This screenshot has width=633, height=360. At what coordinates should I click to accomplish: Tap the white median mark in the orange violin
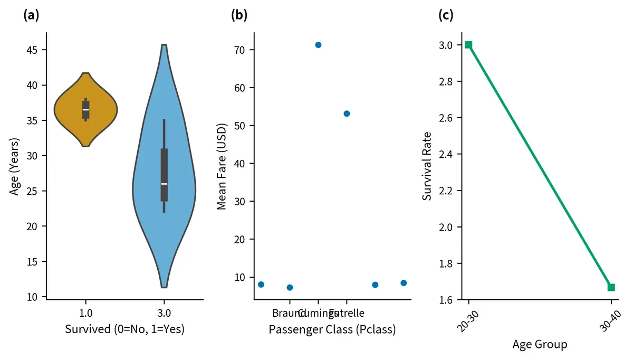pyautogui.click(x=85, y=109)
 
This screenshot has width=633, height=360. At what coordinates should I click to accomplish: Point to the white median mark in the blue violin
pyautogui.click(x=164, y=184)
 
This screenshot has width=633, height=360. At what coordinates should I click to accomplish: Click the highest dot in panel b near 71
pyautogui.click(x=318, y=45)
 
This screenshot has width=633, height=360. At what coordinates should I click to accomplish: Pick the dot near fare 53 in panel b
pyautogui.click(x=347, y=113)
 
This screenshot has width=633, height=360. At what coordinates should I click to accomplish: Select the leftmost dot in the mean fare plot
pyautogui.click(x=261, y=285)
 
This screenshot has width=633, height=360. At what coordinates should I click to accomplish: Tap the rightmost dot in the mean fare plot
pyautogui.click(x=404, y=283)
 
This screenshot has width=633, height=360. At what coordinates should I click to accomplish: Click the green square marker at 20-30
pyautogui.click(x=468, y=45)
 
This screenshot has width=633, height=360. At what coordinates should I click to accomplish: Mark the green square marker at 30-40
pyautogui.click(x=611, y=287)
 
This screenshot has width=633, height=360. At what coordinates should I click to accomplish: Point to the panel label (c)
pyautogui.click(x=446, y=15)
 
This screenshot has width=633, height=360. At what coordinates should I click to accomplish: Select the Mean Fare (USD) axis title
pyautogui.click(x=222, y=166)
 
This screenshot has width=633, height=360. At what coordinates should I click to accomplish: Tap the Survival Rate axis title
pyautogui.click(x=427, y=166)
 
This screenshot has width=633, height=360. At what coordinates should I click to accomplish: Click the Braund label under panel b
pyautogui.click(x=285, y=313)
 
